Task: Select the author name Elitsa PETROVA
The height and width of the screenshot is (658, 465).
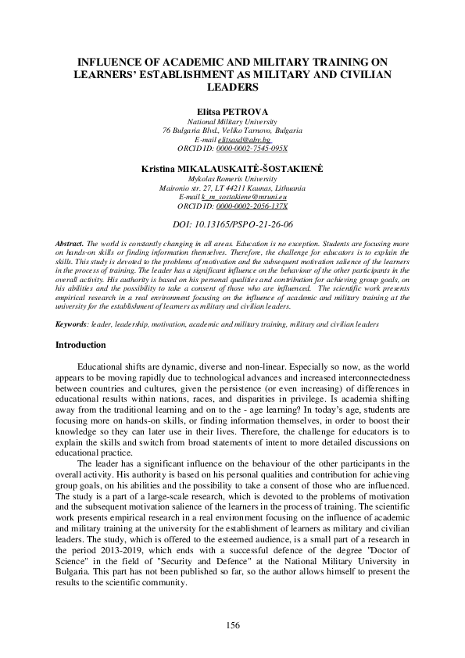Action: (232, 113)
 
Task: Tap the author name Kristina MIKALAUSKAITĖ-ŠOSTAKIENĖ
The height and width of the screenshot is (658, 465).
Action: (232, 169)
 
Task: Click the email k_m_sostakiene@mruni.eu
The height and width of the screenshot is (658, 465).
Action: (245, 198)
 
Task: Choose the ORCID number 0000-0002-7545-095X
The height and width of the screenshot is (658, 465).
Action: (251, 148)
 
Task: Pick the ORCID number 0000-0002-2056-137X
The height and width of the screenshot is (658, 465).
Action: (251, 206)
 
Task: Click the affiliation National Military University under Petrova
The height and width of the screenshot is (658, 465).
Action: (232, 122)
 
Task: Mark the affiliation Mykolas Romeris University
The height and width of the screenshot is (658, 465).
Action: (232, 179)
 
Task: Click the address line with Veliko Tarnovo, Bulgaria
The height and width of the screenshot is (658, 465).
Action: (232, 131)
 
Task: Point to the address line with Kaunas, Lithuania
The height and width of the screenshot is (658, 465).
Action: (232, 188)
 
